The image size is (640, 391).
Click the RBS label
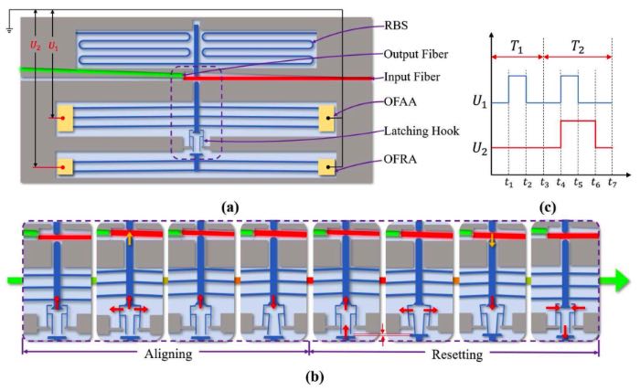[396, 26]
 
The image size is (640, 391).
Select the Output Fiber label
[415, 54]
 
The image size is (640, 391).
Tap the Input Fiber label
[411, 77]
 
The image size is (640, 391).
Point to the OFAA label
[400, 101]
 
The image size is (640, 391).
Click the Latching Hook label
[421, 131]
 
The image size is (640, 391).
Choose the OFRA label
[400, 159]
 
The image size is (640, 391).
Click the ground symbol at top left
[9, 29]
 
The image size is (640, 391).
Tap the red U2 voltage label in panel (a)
[36, 46]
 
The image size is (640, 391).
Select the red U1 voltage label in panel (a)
[53, 46]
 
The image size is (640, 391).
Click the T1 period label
[517, 48]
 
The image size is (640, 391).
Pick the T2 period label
[578, 48]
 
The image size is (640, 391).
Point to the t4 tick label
[560, 183]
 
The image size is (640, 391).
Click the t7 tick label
[612, 183]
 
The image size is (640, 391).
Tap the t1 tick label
[508, 183]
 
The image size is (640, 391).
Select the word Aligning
[168, 354]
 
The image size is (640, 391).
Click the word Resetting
[457, 354]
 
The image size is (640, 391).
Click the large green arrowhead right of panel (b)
[620, 280]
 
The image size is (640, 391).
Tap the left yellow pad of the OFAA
[65, 118]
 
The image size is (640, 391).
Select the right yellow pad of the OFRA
[326, 167]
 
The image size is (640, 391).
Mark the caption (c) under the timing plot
[547, 208]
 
